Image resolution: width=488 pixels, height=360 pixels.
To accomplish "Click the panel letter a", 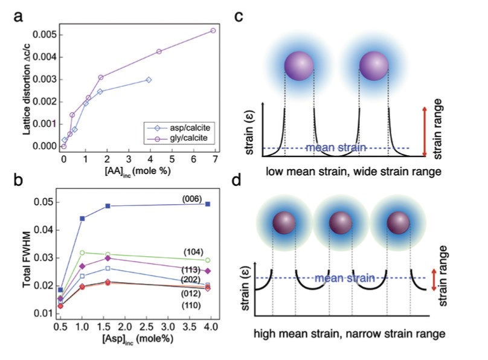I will [18, 19].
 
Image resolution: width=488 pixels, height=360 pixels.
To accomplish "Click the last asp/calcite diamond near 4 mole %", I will [149, 80].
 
